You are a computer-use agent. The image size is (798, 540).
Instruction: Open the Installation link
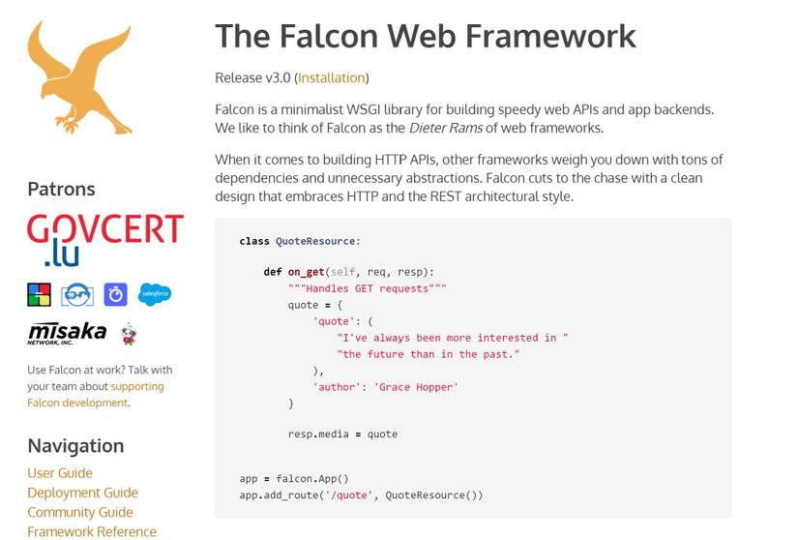[x=332, y=77]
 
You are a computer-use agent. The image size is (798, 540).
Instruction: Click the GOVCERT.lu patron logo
[x=105, y=240]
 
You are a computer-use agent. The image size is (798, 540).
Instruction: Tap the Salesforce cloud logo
[x=155, y=294]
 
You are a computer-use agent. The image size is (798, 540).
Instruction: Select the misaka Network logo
[x=67, y=333]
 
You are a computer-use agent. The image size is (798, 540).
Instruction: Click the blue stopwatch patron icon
[x=115, y=294]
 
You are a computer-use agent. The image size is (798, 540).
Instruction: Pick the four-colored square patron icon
[x=40, y=294]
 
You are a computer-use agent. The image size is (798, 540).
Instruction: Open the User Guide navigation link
[x=60, y=473]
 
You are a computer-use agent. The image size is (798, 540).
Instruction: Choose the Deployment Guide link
[x=82, y=493]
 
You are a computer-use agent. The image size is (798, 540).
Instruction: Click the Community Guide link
[x=80, y=512]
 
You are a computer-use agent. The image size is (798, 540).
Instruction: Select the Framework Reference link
[x=92, y=531]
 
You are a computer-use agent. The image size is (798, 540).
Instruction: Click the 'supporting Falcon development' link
[x=96, y=395]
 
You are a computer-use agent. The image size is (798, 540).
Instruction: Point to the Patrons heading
[x=61, y=189]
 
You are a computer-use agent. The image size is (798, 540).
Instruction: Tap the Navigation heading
[x=75, y=446]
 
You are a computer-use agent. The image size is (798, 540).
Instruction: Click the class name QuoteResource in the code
[x=315, y=241]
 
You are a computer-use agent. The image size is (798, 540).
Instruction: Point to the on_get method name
[x=306, y=272]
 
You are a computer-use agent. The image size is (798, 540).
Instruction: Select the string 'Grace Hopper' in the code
[x=416, y=387]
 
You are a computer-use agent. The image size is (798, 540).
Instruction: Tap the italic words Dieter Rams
[x=446, y=128]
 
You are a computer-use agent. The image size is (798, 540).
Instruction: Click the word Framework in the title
[x=550, y=36]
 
